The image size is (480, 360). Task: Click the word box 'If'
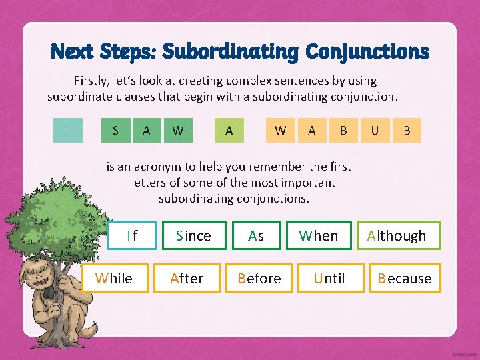(x=132, y=235)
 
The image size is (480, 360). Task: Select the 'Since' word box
(x=193, y=235)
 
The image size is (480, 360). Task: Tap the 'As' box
(x=256, y=235)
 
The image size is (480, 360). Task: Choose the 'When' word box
(x=319, y=235)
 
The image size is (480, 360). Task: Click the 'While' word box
(x=114, y=278)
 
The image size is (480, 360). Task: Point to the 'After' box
(x=187, y=278)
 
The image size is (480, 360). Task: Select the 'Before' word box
(x=259, y=278)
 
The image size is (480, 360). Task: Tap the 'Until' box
(x=329, y=278)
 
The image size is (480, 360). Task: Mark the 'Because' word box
(x=405, y=278)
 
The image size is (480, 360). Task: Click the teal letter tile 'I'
(x=67, y=130)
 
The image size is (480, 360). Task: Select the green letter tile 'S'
(x=116, y=130)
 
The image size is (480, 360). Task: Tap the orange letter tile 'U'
(x=375, y=130)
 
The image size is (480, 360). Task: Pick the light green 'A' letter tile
(x=229, y=130)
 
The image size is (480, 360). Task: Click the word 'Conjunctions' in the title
(x=367, y=51)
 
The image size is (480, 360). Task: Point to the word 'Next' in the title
(x=73, y=51)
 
